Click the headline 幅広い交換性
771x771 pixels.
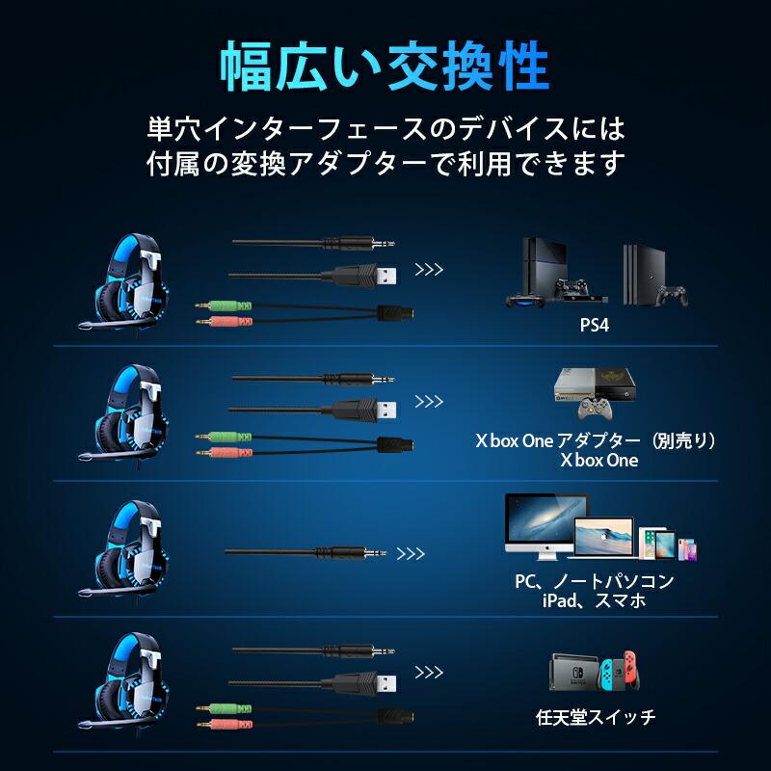point(385,66)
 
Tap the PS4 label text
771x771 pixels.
point(594,326)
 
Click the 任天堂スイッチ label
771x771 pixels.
point(595,717)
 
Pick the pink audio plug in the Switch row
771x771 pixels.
point(226,722)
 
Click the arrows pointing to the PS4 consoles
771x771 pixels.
point(429,270)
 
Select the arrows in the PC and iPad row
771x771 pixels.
point(411,554)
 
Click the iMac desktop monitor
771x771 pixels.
point(546,525)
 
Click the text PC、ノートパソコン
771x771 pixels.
point(594,582)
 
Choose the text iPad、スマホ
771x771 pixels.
point(594,601)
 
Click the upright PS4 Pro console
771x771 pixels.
point(643,273)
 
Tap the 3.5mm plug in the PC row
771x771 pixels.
point(371,554)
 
